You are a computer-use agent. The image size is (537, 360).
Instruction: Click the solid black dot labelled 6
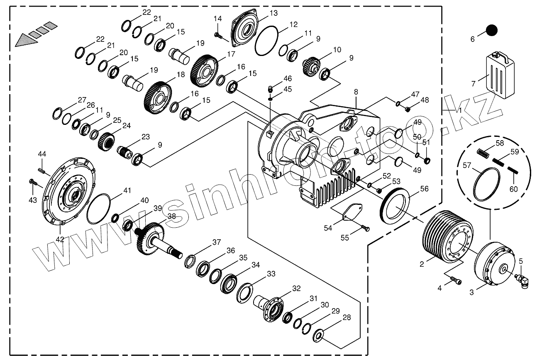[x=491, y=30]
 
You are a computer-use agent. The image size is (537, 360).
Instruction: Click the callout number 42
[x=60, y=239]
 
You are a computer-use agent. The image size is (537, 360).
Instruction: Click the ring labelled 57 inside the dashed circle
[x=487, y=184]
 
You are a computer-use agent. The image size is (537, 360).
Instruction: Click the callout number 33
[x=271, y=274]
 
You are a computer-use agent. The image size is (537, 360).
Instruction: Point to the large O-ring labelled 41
[x=99, y=209]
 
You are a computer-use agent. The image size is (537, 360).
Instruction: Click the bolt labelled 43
[x=33, y=181]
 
